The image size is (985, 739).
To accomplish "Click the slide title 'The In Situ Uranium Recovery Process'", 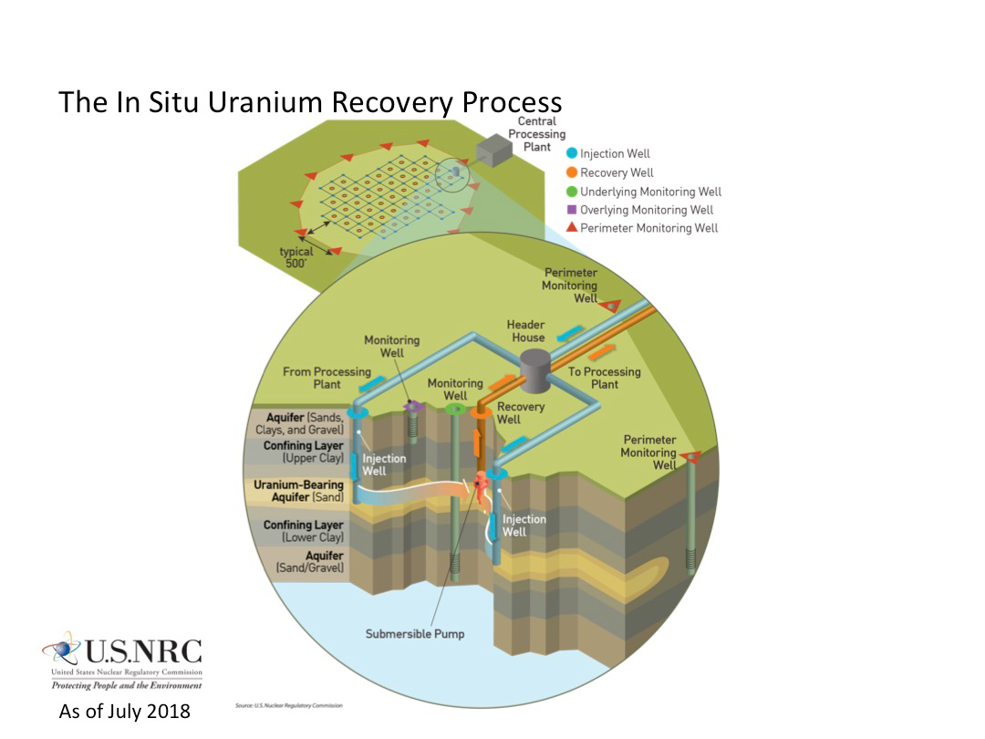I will click(310, 101).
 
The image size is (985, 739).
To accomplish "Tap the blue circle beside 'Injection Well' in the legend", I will click(572, 154).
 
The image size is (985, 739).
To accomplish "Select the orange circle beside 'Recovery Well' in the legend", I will click(572, 172).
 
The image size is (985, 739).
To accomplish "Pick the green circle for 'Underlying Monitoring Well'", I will click(572, 192).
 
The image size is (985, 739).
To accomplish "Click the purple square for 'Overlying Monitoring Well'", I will click(572, 210).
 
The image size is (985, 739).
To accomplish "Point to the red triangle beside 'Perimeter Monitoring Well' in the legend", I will click(572, 228).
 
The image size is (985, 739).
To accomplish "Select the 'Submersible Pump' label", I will click(415, 633).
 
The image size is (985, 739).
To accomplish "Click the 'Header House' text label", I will click(528, 331).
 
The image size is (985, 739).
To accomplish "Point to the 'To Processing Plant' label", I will click(605, 378).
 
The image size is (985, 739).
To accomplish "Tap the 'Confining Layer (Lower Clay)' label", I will click(304, 531).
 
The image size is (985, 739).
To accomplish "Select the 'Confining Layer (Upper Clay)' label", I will click(303, 452).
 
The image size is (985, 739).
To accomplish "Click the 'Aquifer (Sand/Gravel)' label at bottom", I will click(310, 562).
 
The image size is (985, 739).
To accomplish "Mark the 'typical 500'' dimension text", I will click(295, 257).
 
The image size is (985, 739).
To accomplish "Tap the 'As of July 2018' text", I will click(125, 711).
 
